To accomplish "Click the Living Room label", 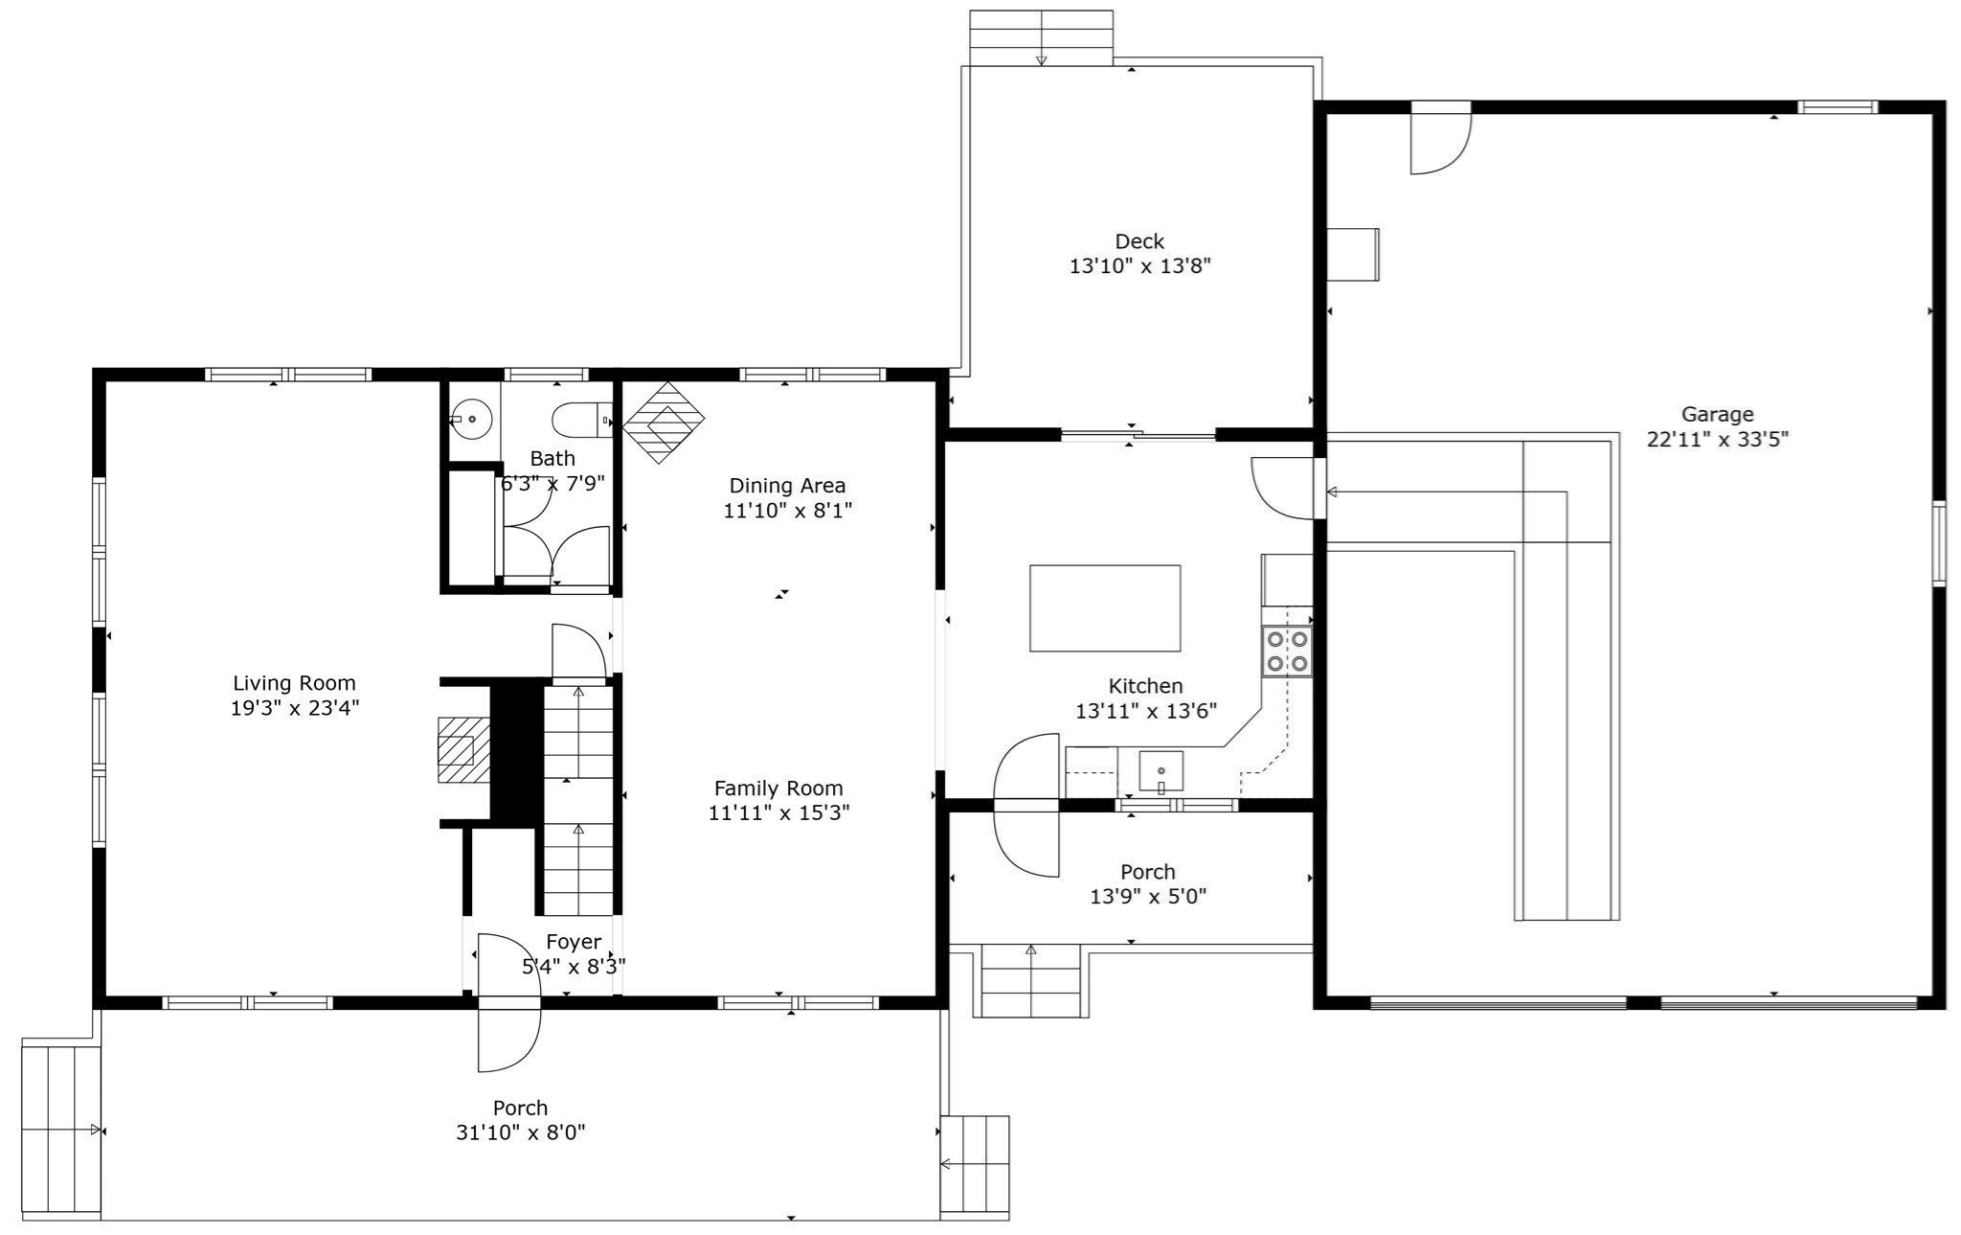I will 294,683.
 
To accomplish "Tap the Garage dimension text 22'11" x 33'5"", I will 1718,440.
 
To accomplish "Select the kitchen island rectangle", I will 1104,608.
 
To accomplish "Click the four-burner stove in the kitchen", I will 1286,651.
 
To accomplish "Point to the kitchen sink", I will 1161,771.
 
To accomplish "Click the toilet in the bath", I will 579,420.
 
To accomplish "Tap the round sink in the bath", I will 471,420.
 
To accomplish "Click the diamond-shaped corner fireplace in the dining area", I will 664,423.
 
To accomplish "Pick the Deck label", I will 1139,241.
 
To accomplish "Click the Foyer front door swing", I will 507,1002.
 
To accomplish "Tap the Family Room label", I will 778,789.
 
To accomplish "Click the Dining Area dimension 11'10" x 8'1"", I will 787,511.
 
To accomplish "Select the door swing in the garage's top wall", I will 1439,139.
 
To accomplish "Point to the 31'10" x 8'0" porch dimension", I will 521,1132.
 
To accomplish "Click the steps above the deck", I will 1041,37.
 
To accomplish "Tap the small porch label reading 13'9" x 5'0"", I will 1147,897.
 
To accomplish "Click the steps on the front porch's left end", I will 60,1131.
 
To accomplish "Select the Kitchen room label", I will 1145,686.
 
